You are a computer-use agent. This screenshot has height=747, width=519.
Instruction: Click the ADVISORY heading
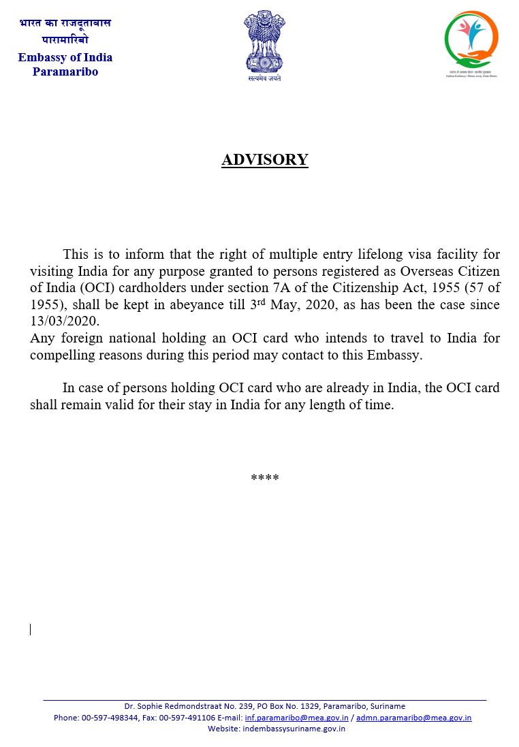pyautogui.click(x=264, y=160)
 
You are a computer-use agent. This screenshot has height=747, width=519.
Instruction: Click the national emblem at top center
pyautogui.click(x=264, y=44)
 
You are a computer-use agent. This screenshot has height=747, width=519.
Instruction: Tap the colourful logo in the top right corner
pyautogui.click(x=471, y=41)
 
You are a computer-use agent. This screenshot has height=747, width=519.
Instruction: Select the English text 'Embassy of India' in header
pyautogui.click(x=65, y=57)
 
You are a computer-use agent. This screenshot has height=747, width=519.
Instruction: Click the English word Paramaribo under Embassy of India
pyautogui.click(x=65, y=71)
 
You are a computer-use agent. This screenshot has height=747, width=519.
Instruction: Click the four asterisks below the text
pyautogui.click(x=264, y=479)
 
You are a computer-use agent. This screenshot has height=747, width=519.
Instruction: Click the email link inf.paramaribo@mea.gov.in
pyautogui.click(x=296, y=718)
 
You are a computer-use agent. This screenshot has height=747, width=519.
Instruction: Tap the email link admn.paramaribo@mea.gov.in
pyautogui.click(x=413, y=718)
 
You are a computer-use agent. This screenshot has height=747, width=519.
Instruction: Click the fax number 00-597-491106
pyautogui.click(x=187, y=718)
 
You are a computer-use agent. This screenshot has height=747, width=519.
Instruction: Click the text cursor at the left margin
pyautogui.click(x=30, y=629)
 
